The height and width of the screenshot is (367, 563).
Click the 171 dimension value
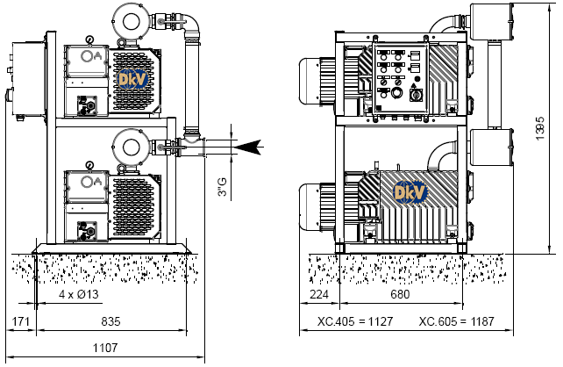(20, 322)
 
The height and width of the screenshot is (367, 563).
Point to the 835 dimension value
(110, 322)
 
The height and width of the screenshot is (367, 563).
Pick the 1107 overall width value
(104, 348)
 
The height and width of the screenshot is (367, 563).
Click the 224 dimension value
(319, 293)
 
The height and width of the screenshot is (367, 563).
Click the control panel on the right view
(399, 79)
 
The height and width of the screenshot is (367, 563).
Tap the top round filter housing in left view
(132, 18)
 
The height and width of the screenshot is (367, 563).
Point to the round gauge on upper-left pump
(89, 40)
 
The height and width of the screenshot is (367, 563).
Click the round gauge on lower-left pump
(89, 164)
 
